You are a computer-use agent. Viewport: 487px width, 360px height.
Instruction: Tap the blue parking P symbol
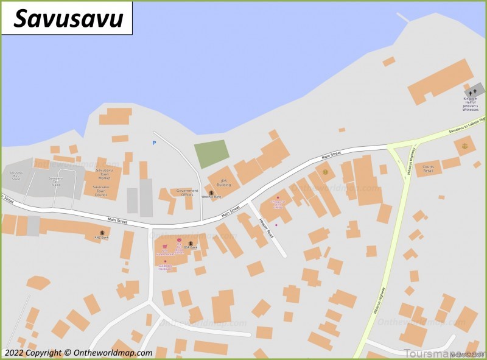[x=154, y=143]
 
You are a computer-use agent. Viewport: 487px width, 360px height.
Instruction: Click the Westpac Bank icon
[x=211, y=193]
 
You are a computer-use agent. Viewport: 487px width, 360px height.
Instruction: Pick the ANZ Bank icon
[x=103, y=233]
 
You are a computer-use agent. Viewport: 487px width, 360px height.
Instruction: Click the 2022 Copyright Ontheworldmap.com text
[x=78, y=353]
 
